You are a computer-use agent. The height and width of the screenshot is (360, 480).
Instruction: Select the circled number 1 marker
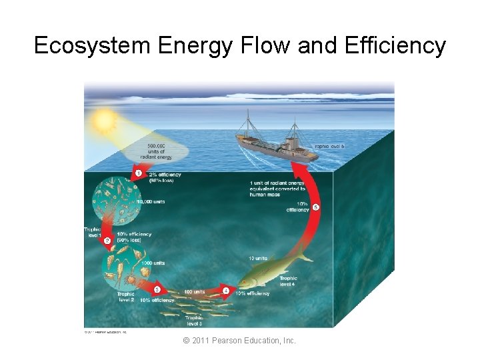point(138,173)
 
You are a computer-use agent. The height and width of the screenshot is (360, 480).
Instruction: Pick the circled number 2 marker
point(107,240)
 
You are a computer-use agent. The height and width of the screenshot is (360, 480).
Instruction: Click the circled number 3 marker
point(157,289)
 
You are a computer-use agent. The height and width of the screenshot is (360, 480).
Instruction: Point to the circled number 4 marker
point(225,291)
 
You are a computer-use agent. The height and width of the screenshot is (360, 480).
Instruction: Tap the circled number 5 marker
point(316,207)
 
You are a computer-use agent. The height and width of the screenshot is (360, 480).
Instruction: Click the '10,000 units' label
point(150,201)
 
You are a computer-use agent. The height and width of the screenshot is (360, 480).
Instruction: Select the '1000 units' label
point(153,263)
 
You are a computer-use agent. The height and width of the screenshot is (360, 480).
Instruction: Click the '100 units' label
point(194,291)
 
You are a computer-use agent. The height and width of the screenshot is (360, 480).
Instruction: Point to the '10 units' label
point(257,258)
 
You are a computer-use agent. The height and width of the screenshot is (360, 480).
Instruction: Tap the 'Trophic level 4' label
point(289,281)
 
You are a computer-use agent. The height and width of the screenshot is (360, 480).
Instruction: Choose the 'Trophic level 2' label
point(126,297)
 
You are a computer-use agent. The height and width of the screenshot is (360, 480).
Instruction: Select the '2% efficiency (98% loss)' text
point(165,177)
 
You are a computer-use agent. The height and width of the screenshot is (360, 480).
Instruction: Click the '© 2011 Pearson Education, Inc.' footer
point(240,341)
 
